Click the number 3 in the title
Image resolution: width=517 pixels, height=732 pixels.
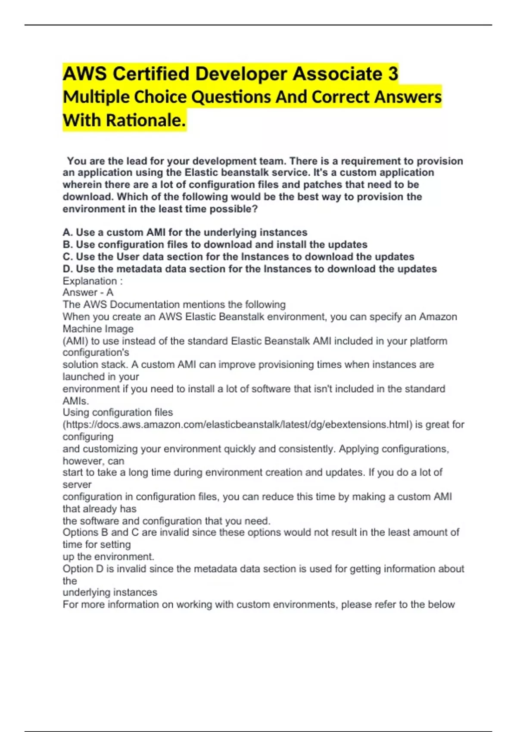pyautogui.click(x=392, y=74)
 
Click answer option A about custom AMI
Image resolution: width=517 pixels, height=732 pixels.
pyautogui.click(x=185, y=233)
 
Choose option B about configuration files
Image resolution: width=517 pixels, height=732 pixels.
pyautogui.click(x=215, y=245)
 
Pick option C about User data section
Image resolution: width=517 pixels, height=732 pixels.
pyautogui.click(x=238, y=257)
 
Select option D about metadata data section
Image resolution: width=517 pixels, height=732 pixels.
pyautogui.click(x=249, y=269)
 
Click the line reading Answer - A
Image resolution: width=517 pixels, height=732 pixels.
pyautogui.click(x=88, y=292)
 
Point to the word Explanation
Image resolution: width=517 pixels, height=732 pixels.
pyautogui.click(x=90, y=281)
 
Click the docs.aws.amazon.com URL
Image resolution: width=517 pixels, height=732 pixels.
pyautogui.click(x=237, y=425)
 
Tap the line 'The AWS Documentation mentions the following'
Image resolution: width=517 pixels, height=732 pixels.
pyautogui.click(x=174, y=304)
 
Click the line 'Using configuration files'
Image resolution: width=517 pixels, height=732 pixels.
pyautogui.click(x=118, y=413)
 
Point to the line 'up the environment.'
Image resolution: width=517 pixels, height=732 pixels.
pyautogui.click(x=108, y=556)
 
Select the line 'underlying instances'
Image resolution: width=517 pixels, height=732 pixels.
pyautogui.click(x=110, y=592)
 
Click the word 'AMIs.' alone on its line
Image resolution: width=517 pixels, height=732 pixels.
pyautogui.click(x=76, y=401)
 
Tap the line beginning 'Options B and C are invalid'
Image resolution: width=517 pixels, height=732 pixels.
pyautogui.click(x=261, y=532)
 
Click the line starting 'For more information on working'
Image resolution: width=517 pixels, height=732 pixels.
pyautogui.click(x=258, y=605)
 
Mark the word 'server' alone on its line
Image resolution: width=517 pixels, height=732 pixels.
pyautogui.click(x=77, y=484)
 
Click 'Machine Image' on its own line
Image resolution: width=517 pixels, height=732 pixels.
pyautogui.click(x=98, y=329)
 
